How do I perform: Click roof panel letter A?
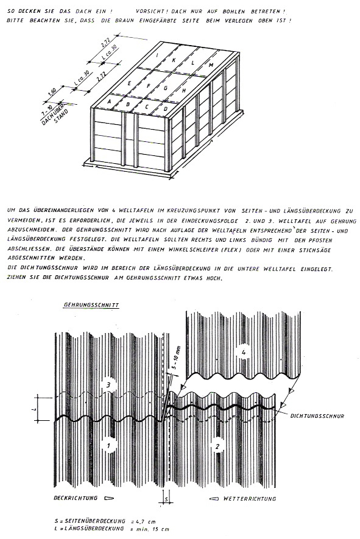pos(110,101)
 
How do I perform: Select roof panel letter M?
pos(211,65)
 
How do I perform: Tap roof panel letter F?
pos(148,86)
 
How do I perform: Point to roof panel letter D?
pos(166,109)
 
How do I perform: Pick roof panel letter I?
pos(157,55)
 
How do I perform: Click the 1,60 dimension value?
pos(52,93)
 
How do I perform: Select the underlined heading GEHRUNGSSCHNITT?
pos(91,305)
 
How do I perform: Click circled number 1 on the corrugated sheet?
pos(108,446)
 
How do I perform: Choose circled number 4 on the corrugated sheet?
pos(244,353)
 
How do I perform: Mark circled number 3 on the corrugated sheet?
pos(108,386)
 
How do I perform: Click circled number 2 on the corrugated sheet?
pos(217,446)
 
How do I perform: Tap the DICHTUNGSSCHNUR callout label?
pos(317,416)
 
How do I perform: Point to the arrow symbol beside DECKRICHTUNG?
pos(108,498)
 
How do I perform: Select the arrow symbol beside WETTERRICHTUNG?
pos(214,498)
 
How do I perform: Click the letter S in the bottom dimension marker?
pos(167,499)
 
